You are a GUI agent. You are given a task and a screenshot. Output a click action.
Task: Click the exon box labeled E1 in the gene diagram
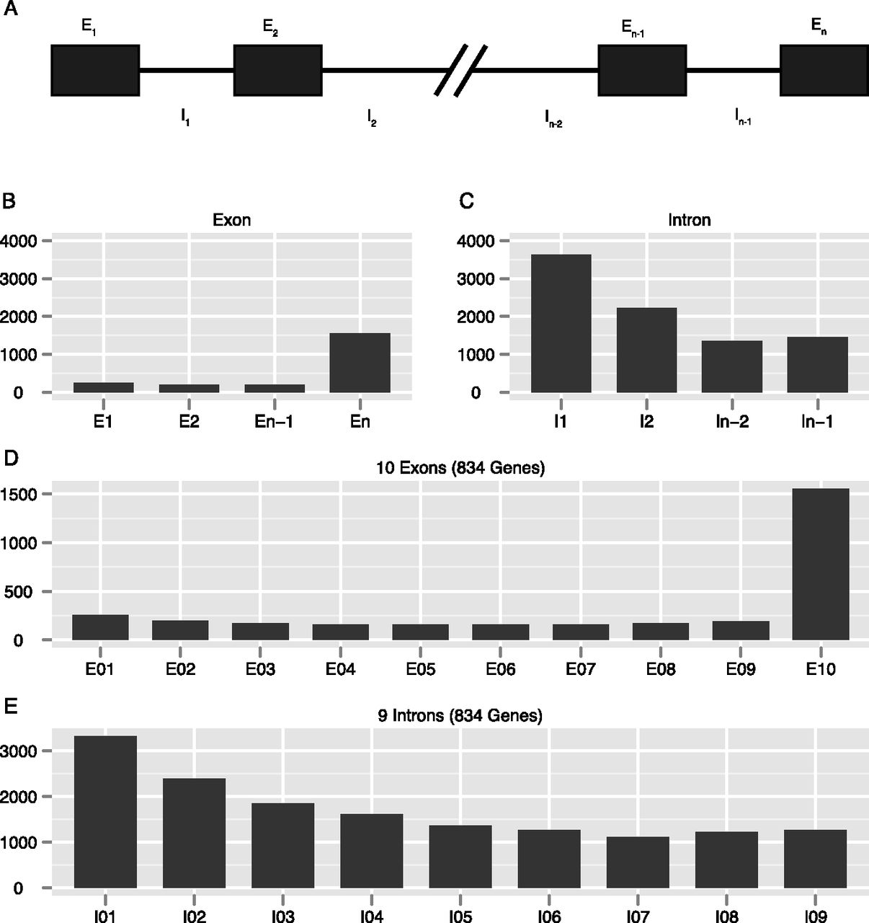[95, 70]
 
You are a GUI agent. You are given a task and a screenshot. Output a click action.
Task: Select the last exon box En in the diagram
[824, 70]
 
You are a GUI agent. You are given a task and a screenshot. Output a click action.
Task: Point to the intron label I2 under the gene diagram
[372, 118]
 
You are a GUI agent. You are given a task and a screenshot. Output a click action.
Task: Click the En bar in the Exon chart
[360, 363]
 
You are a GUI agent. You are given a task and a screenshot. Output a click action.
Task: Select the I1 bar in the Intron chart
[561, 324]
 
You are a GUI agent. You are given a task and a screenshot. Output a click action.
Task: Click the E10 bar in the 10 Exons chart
[821, 564]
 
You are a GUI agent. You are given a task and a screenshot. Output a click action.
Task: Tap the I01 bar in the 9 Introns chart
[105, 812]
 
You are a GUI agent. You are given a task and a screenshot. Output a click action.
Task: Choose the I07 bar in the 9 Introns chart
[638, 862]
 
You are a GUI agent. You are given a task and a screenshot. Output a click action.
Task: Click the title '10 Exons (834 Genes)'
[460, 468]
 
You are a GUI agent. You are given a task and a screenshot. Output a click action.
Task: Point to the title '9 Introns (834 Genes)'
[460, 716]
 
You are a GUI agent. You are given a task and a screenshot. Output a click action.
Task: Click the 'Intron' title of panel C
[690, 220]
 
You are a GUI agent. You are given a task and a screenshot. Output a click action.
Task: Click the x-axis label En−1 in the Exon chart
[274, 422]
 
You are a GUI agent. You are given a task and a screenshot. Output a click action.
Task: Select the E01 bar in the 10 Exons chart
[101, 627]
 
